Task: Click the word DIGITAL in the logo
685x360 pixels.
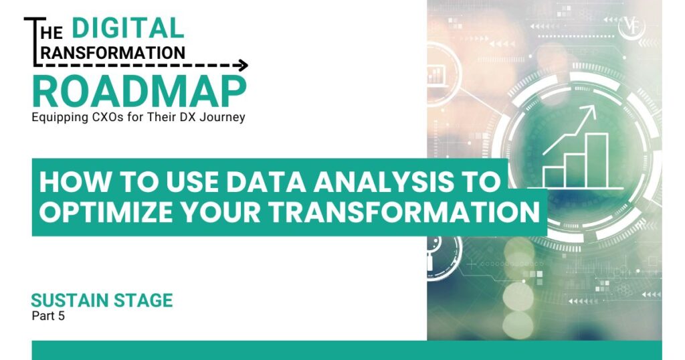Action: [x=127, y=27]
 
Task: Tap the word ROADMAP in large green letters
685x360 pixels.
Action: [x=139, y=92]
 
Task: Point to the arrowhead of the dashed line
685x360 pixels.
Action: [x=243, y=66]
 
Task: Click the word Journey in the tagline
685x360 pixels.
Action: [x=223, y=117]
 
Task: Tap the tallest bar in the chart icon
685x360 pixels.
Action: [x=597, y=160]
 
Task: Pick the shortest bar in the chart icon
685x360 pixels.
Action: [x=553, y=176]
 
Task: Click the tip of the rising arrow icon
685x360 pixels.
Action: [x=595, y=108]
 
